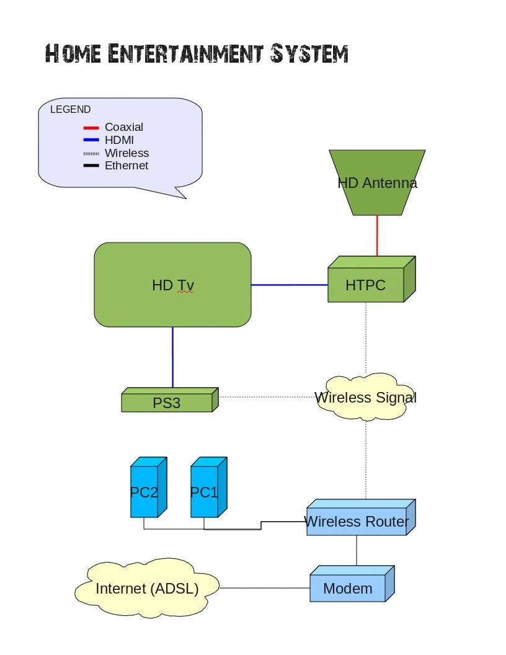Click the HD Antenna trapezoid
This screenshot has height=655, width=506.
377,182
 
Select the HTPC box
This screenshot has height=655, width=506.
366,285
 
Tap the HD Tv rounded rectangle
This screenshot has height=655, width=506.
172,285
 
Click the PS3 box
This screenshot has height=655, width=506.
167,403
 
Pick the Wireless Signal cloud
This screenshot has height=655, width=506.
365,398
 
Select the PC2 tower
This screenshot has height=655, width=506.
144,492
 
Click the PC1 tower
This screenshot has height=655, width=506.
204,492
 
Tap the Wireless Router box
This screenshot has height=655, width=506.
357,522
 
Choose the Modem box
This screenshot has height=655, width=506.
348,588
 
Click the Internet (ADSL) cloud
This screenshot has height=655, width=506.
147,588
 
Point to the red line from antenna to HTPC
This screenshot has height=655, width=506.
377,236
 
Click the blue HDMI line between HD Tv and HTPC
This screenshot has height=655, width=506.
289,285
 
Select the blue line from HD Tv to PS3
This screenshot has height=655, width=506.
172,357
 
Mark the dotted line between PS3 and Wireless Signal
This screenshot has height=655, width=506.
267,396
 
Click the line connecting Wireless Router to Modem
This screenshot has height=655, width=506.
357,550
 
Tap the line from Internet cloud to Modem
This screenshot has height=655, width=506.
264,588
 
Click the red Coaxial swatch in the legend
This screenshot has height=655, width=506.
91,128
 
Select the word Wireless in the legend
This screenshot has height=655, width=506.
126,153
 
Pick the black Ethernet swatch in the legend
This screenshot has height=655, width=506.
91,166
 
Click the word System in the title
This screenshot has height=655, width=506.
308,54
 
